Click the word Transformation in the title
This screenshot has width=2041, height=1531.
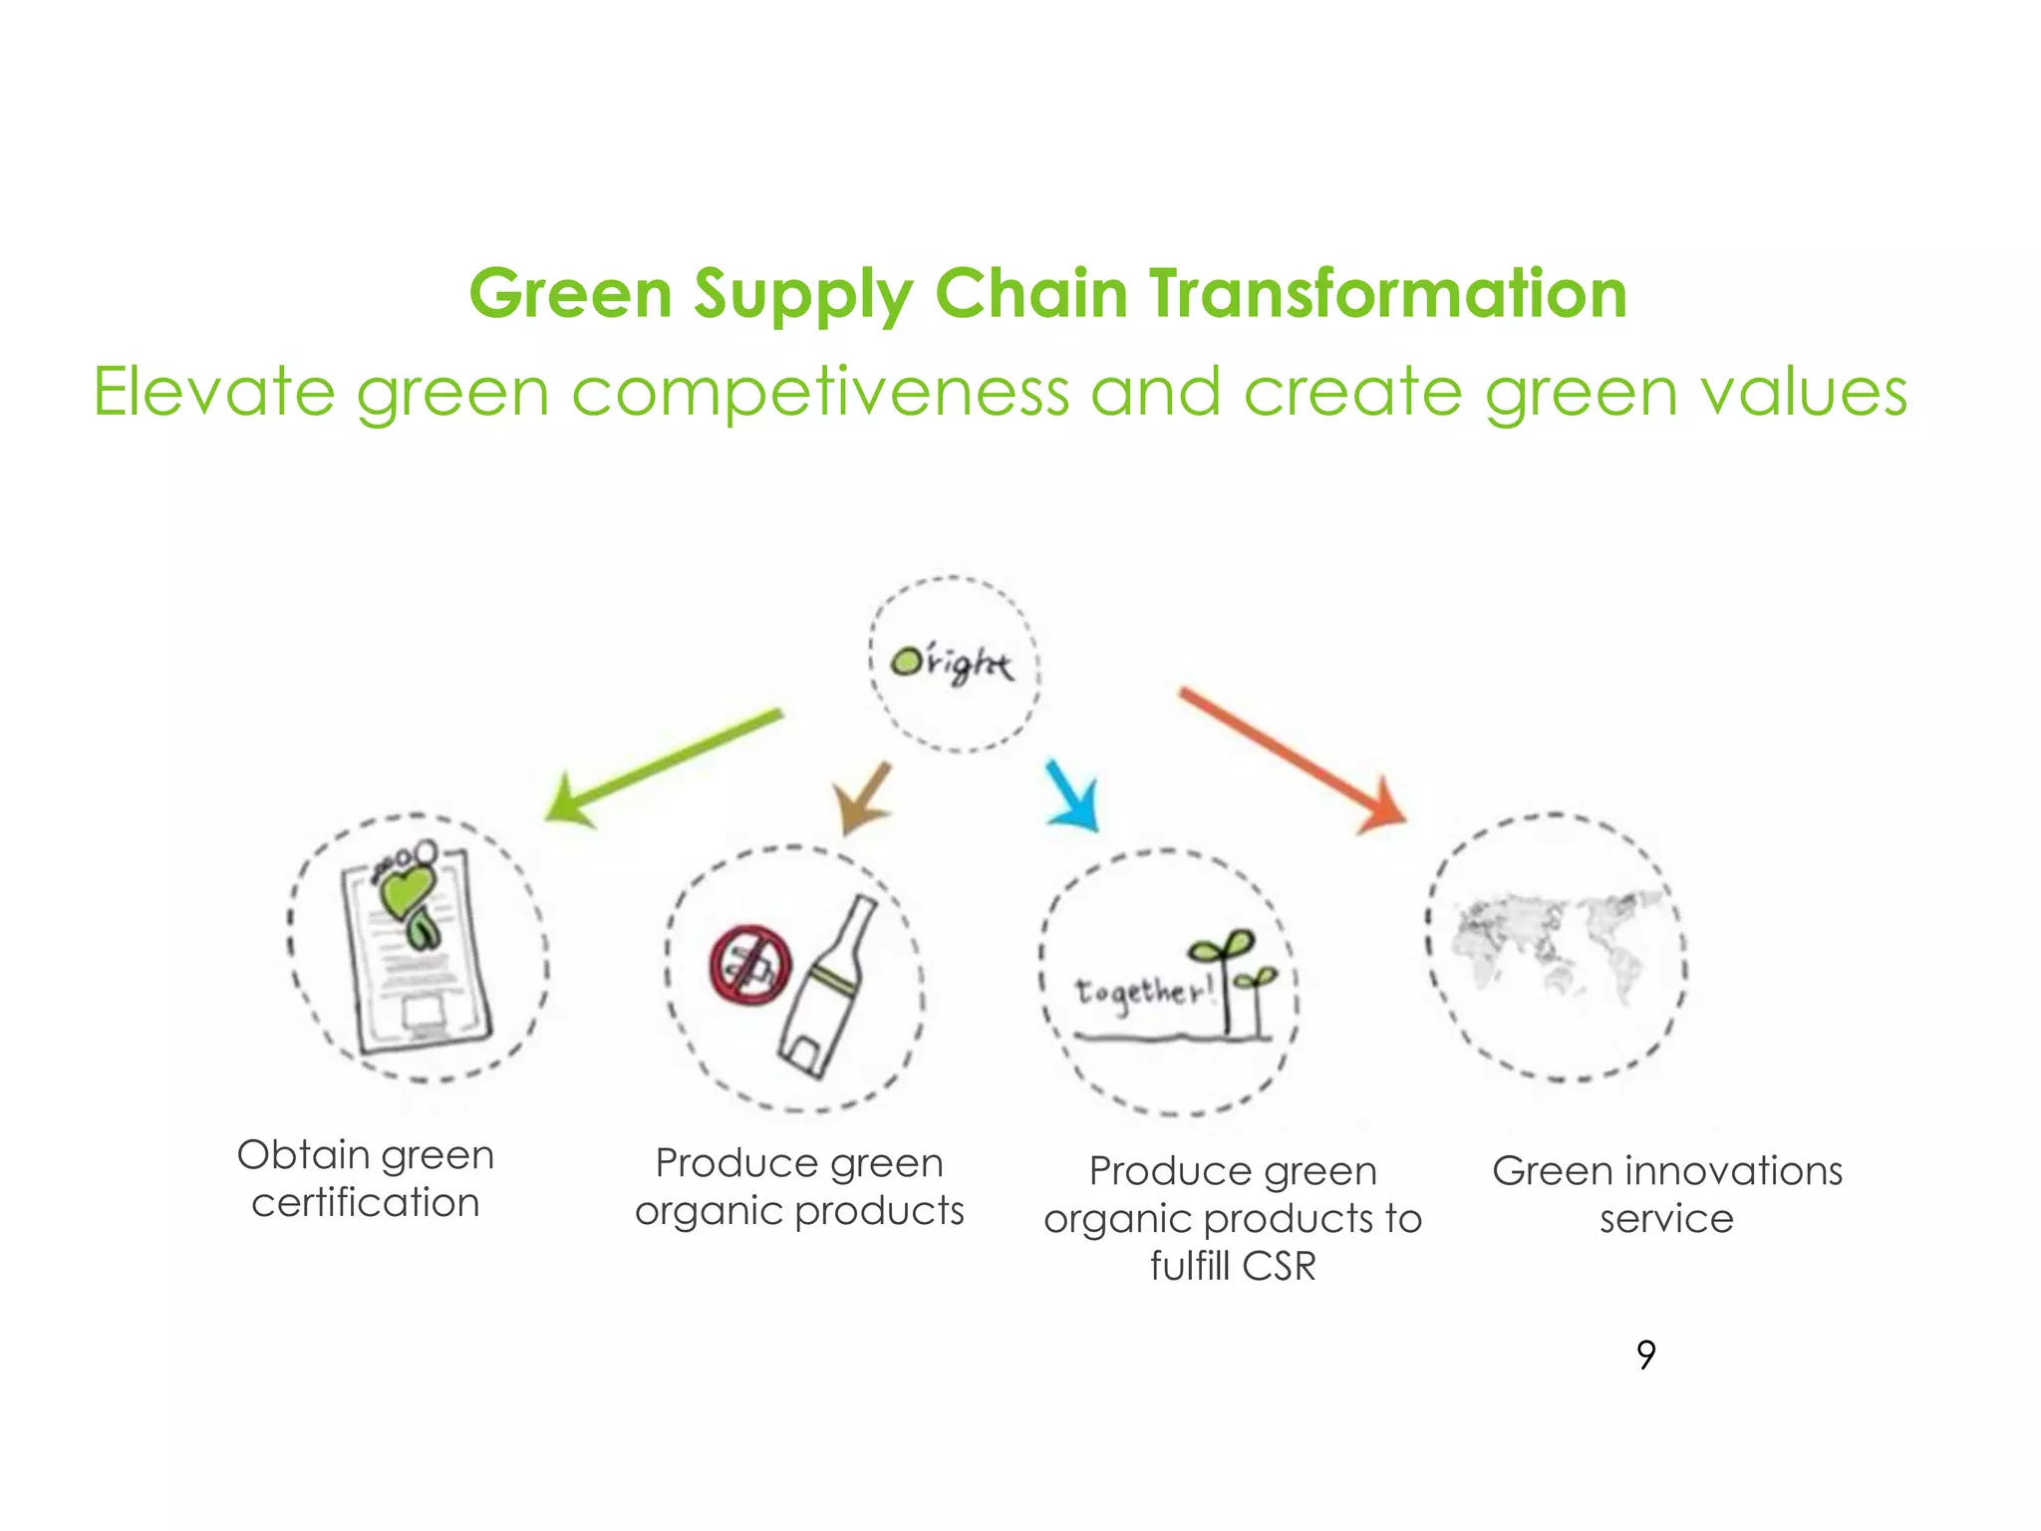tap(1387, 294)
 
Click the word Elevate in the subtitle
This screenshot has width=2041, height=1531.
tap(214, 392)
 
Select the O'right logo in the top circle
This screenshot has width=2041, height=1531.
tap(952, 664)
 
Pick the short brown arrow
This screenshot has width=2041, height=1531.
tap(863, 797)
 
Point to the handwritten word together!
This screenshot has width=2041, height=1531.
tap(1144, 992)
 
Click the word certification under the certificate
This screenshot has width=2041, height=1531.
tap(366, 1203)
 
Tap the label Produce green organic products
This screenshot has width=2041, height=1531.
tap(799, 1187)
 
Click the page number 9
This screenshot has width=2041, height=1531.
tap(1645, 1355)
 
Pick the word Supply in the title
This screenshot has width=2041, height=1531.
tap(803, 296)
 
